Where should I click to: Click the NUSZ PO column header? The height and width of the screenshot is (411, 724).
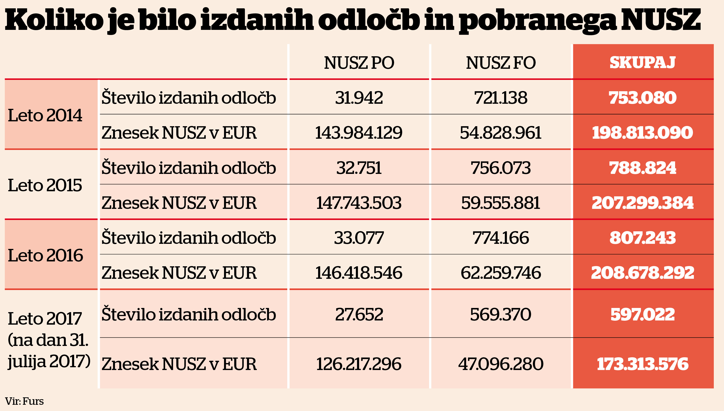click(x=359, y=63)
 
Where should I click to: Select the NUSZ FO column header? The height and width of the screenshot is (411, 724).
click(x=501, y=63)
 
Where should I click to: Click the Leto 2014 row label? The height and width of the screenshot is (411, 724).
click(x=45, y=115)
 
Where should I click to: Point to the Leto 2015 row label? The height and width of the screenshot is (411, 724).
click(x=45, y=185)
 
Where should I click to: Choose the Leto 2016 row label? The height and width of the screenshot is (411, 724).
click(x=45, y=255)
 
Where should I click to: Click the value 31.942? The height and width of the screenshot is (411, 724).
click(x=359, y=98)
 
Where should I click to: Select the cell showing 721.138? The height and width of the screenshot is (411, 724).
click(x=501, y=98)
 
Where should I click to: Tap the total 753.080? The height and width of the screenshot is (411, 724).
click(x=642, y=98)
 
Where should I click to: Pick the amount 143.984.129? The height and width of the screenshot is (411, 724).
click(x=359, y=133)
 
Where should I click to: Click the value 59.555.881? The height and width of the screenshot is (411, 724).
click(x=501, y=203)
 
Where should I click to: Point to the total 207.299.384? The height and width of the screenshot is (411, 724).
click(x=642, y=203)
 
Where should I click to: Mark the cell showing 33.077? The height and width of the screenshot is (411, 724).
click(x=359, y=238)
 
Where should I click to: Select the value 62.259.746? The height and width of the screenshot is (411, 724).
click(x=501, y=273)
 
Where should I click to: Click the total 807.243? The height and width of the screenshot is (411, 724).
click(x=642, y=238)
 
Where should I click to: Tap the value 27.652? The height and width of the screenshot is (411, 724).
click(x=359, y=314)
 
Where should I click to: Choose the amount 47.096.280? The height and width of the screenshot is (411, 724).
click(x=501, y=364)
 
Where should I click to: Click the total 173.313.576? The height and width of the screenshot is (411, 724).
click(x=642, y=364)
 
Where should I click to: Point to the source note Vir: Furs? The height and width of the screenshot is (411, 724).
click(x=24, y=401)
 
